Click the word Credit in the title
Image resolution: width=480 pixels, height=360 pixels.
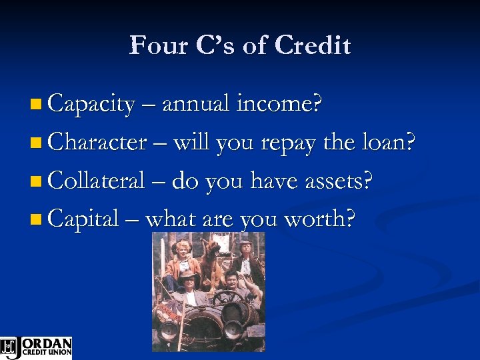click(x=313, y=45)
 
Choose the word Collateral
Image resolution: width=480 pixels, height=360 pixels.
click(x=97, y=179)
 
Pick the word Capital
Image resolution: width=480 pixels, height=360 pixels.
click(x=84, y=217)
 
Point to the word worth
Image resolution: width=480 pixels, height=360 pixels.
click(x=319, y=217)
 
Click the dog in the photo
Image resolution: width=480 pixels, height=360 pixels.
click(x=213, y=257)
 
